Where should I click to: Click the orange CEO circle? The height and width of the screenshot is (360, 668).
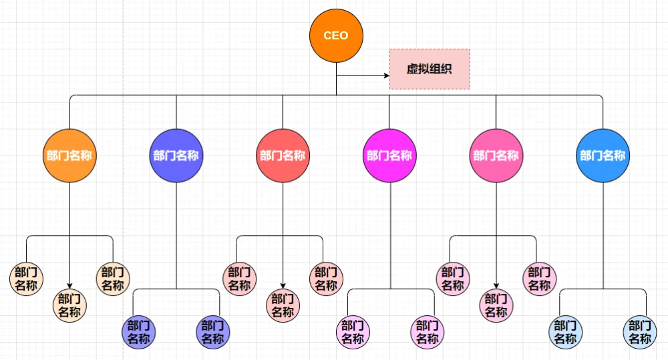click(336, 35)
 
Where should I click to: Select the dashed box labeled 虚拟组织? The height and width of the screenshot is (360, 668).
click(430, 69)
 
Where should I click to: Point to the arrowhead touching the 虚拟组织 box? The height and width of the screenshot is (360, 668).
click(386, 75)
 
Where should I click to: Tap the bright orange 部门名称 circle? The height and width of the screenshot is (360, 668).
click(69, 156)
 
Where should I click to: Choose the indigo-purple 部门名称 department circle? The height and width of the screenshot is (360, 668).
click(176, 156)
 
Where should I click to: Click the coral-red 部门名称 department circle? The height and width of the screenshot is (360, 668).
click(283, 156)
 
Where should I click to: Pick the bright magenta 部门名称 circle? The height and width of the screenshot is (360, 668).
click(389, 156)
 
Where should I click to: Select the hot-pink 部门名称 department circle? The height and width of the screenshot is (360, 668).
click(496, 156)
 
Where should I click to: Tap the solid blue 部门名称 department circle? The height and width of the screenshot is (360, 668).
click(603, 156)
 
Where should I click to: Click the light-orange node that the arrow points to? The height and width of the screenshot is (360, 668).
click(69, 305)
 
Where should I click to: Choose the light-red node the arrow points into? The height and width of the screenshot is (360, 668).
click(283, 305)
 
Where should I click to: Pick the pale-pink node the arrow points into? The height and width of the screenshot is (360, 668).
click(496, 305)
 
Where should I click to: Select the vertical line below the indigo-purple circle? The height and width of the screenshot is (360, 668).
click(176, 234)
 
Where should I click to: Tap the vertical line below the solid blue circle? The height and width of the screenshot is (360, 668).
click(603, 234)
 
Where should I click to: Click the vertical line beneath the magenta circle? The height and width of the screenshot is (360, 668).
click(389, 234)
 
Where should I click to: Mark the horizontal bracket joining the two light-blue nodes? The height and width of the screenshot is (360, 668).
click(603, 289)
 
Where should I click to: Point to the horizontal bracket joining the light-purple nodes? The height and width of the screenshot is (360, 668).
click(389, 289)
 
